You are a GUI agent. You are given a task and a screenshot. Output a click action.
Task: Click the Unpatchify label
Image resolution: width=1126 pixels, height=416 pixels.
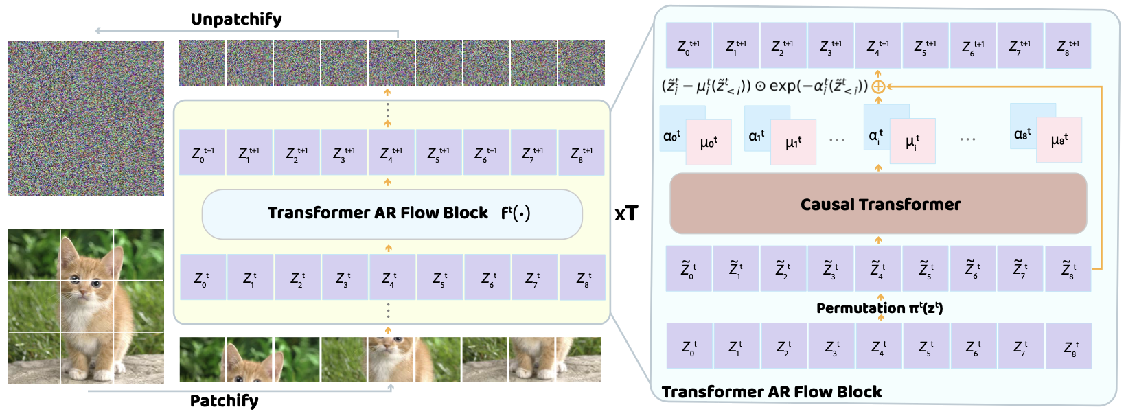tap(236, 19)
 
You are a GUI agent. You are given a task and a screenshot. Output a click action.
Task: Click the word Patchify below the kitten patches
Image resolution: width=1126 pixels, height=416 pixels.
tap(224, 401)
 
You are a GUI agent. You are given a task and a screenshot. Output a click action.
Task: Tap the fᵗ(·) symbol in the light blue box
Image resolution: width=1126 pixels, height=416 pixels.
tap(516, 213)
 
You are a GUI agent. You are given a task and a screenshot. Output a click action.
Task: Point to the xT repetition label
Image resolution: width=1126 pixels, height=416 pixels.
tap(625, 214)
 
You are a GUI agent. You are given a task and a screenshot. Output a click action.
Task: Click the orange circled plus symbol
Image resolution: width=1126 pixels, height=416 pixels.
tap(878, 86)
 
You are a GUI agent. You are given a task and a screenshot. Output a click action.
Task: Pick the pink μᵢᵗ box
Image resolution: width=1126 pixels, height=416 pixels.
tap(912, 141)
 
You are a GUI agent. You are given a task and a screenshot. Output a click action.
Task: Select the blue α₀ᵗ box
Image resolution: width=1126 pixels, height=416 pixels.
tap(672, 135)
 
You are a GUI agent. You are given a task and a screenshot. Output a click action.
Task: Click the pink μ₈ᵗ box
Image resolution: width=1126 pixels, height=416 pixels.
tap(1059, 140)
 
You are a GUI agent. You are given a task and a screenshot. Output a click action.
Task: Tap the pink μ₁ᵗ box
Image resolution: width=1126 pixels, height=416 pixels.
tap(794, 143)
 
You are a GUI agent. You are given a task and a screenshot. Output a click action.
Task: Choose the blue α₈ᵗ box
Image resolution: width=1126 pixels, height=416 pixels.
tap(1022, 133)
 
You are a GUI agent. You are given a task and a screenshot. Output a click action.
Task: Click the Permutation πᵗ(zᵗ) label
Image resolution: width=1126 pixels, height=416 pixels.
tap(880, 308)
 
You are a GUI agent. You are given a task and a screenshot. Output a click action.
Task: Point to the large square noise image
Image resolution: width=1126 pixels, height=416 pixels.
tap(86, 117)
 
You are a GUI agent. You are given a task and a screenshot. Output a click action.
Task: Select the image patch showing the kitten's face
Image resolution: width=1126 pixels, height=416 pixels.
tap(391, 359)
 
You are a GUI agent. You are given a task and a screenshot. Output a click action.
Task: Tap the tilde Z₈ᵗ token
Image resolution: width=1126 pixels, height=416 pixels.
tap(1068, 268)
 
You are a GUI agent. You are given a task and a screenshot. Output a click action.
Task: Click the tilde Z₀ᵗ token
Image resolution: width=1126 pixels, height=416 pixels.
tap(689, 269)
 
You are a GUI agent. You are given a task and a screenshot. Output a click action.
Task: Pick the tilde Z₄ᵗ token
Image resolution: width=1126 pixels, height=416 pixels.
tap(878, 269)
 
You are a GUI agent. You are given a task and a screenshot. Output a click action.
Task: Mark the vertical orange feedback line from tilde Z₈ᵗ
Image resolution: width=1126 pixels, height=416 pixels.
tap(1101, 178)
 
